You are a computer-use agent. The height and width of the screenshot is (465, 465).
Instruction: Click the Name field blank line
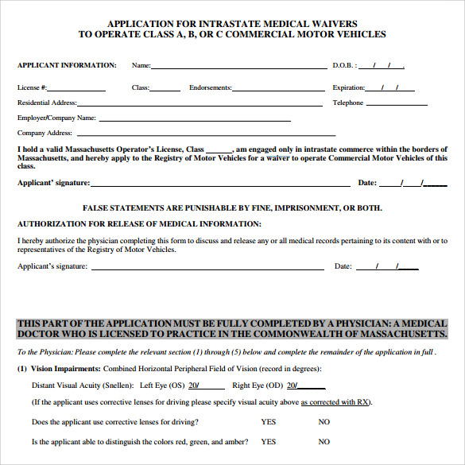(x=238, y=68)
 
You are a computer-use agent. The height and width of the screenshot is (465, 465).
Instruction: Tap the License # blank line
(x=77, y=90)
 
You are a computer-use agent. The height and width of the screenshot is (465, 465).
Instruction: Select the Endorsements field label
(x=210, y=87)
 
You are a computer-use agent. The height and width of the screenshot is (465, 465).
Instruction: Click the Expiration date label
(x=348, y=87)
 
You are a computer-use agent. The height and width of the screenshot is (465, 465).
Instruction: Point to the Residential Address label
(x=47, y=103)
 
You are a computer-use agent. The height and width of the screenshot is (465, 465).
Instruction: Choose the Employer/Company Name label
(x=56, y=118)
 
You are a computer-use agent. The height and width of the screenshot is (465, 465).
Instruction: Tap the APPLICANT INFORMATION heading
(x=67, y=66)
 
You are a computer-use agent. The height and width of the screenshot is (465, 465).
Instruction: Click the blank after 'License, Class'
(x=219, y=151)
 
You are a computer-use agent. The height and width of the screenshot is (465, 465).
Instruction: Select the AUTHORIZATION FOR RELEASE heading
(x=139, y=224)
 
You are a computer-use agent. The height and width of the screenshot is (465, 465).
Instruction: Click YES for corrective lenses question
(x=269, y=422)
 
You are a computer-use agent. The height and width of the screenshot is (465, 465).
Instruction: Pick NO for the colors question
(x=324, y=442)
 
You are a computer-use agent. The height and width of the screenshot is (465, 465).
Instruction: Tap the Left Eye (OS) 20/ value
(x=194, y=386)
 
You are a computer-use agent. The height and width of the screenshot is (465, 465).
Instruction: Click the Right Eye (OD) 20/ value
(x=293, y=386)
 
